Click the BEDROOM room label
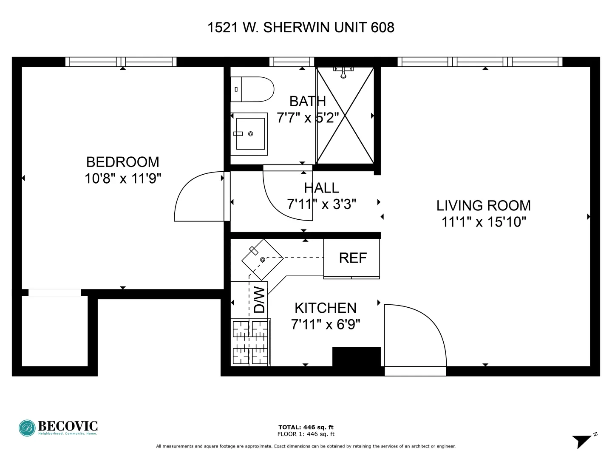tap(122, 162)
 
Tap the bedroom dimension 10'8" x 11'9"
tap(122, 178)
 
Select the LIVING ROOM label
tap(484, 206)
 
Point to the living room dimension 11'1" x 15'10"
tap(484, 222)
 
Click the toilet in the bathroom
tap(252, 89)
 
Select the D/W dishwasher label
tap(259, 300)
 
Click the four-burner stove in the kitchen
tap(251, 342)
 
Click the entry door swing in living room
tap(414, 336)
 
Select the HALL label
tap(321, 188)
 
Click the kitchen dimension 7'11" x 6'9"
tap(326, 325)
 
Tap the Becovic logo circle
tap(27, 428)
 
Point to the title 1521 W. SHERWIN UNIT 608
tap(301, 28)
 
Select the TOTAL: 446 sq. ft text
tap(306, 427)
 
